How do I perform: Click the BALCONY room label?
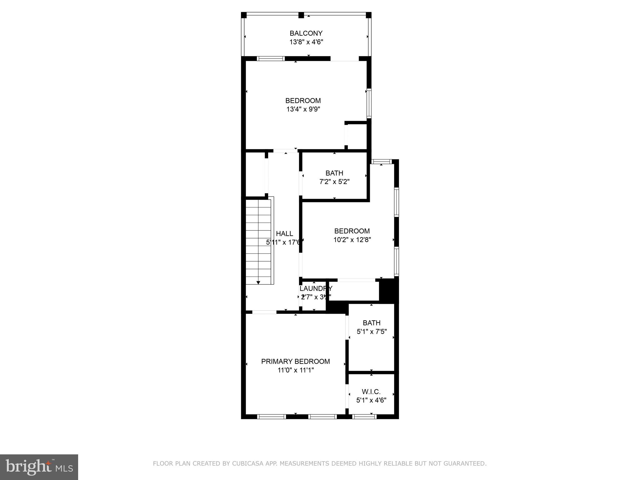click(x=306, y=33)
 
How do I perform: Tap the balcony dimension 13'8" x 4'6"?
click(x=306, y=42)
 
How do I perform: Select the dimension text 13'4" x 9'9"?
click(x=303, y=109)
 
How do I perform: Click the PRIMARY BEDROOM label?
click(x=295, y=361)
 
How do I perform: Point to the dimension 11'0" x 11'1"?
click(x=295, y=370)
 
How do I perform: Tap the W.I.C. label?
click(x=371, y=392)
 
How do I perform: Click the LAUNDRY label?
click(x=316, y=288)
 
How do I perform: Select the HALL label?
click(x=284, y=233)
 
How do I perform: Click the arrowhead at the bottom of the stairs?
click(x=258, y=282)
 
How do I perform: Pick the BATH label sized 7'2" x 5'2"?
click(x=334, y=173)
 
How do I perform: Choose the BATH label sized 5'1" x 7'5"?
click(x=371, y=323)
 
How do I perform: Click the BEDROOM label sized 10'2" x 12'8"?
click(x=352, y=231)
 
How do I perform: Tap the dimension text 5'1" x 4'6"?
click(x=371, y=400)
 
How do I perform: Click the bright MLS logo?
click(x=39, y=467)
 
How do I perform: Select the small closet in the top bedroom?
click(x=357, y=137)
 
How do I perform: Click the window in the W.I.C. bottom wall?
click(x=364, y=416)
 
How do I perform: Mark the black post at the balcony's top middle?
click(x=301, y=15)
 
